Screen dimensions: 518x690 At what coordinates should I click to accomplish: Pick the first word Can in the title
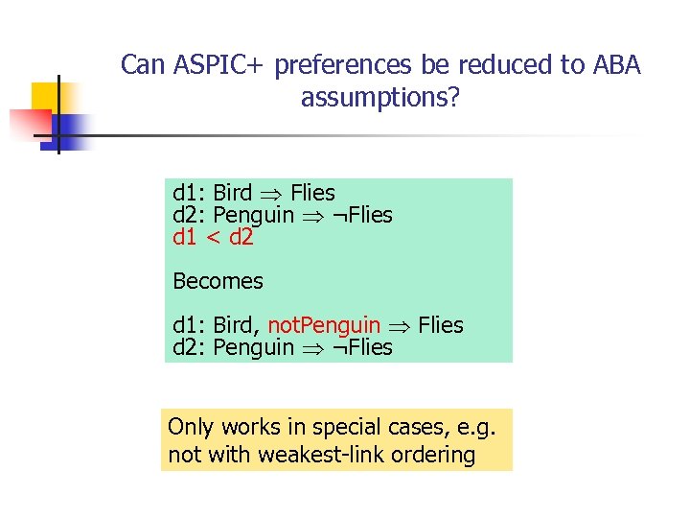142,65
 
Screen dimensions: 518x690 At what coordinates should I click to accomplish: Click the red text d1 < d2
213,237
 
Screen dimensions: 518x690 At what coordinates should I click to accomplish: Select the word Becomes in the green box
218,281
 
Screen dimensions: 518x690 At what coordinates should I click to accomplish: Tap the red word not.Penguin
324,325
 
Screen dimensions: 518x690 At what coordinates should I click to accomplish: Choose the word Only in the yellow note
191,427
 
